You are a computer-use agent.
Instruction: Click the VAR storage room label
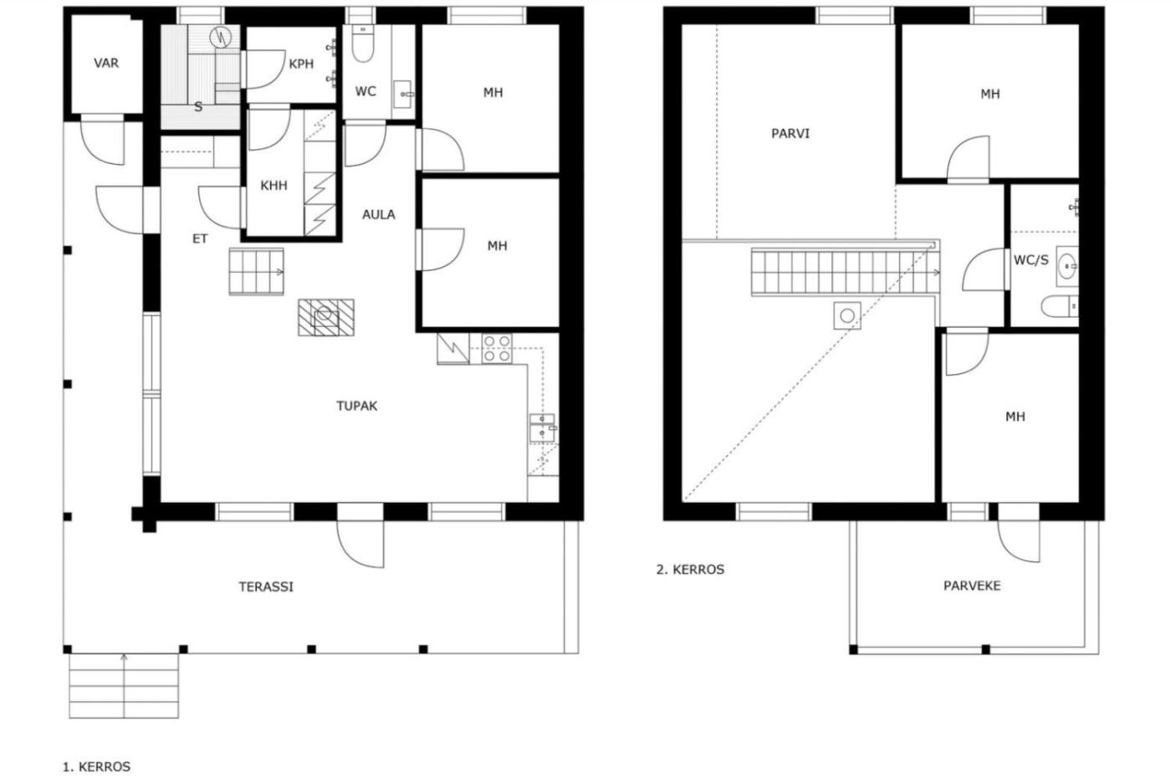pyautogui.click(x=106, y=64)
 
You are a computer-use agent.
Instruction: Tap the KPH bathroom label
pyautogui.click(x=301, y=64)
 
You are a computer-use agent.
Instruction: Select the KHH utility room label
pyautogui.click(x=274, y=186)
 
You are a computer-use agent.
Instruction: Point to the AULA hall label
pyautogui.click(x=378, y=214)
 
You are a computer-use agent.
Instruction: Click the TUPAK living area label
pyautogui.click(x=356, y=406)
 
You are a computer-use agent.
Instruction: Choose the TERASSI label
pyautogui.click(x=266, y=587)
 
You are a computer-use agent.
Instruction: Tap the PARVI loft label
pyautogui.click(x=790, y=133)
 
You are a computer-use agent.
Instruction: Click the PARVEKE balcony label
pyautogui.click(x=972, y=585)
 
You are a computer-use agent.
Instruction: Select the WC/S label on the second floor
pyautogui.click(x=1030, y=260)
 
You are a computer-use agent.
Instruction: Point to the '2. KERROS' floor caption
pyautogui.click(x=690, y=570)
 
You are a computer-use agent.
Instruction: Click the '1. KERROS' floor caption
pyautogui.click(x=97, y=766)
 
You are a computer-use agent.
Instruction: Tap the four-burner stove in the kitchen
pyautogui.click(x=497, y=348)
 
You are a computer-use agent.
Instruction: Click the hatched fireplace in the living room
pyautogui.click(x=325, y=317)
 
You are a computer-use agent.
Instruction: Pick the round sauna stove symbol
pyautogui.click(x=220, y=37)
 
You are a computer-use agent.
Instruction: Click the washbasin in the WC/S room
pyautogui.click(x=1067, y=266)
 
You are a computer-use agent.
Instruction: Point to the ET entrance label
pyautogui.click(x=200, y=239)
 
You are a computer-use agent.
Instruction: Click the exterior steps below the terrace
pyautogui.click(x=124, y=685)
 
